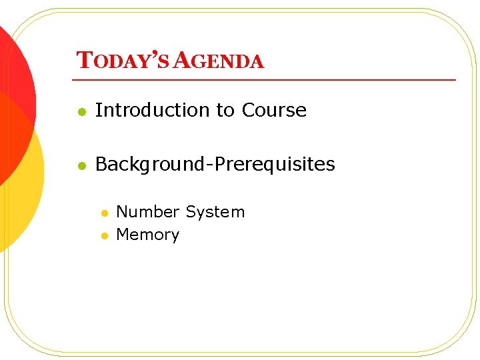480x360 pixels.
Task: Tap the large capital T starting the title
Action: (83, 61)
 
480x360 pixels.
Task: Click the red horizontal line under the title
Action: (267, 79)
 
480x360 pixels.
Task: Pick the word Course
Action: (274, 110)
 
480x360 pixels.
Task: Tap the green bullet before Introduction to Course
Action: (81, 111)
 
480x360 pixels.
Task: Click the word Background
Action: (150, 164)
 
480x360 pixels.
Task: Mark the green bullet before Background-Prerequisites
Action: (81, 165)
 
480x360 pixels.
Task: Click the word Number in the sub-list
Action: (148, 212)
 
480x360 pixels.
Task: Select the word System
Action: (215, 212)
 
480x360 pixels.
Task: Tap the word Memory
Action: (148, 235)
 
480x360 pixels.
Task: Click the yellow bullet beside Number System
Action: (104, 213)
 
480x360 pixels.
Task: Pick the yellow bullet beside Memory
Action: (104, 236)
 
